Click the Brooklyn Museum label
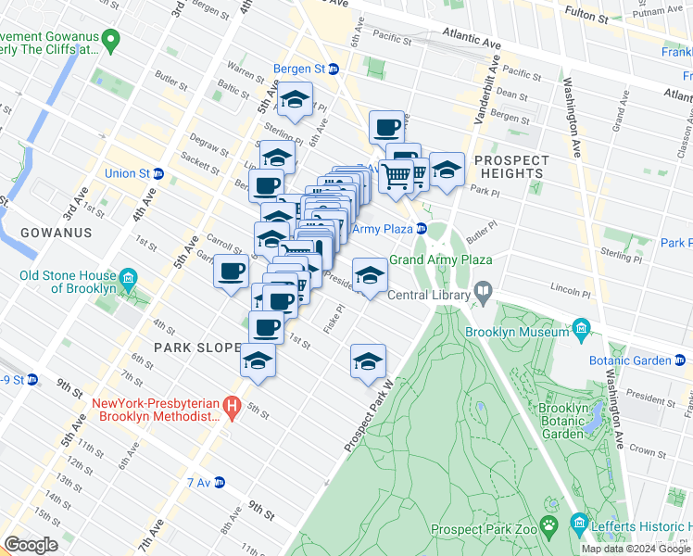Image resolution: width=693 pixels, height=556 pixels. point(518,332)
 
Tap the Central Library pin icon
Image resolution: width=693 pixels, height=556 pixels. point(483,295)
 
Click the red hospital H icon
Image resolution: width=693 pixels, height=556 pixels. point(233,405)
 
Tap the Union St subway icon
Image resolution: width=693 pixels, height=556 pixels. point(158,173)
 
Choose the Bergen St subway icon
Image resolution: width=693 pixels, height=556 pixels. point(334,69)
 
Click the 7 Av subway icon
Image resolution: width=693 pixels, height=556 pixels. point(220,482)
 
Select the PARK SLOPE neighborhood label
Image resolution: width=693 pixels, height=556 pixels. point(164,347)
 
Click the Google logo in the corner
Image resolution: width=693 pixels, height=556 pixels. point(31,544)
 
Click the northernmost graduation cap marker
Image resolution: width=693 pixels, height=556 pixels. point(296,100)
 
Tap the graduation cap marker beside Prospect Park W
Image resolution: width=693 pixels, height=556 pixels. point(368,360)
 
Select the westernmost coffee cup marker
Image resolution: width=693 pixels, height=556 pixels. point(231,272)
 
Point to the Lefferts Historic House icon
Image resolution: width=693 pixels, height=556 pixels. point(580,524)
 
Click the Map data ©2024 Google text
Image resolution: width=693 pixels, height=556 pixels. point(636,549)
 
